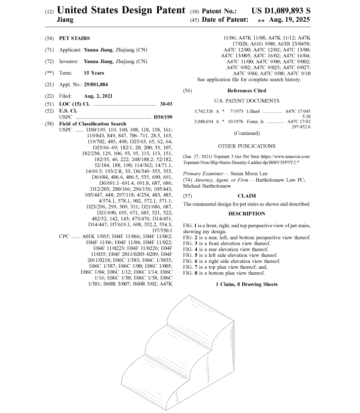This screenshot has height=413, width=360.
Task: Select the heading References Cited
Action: pyautogui.click(x=246, y=91)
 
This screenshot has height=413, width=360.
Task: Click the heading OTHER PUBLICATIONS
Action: pyautogui.click(x=246, y=146)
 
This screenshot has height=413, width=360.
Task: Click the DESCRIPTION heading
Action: pyautogui.click(x=247, y=213)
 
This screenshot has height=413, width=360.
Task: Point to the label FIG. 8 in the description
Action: pyautogui.click(x=190, y=273)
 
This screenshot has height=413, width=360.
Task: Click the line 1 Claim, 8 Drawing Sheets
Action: pyautogui.click(x=246, y=285)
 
